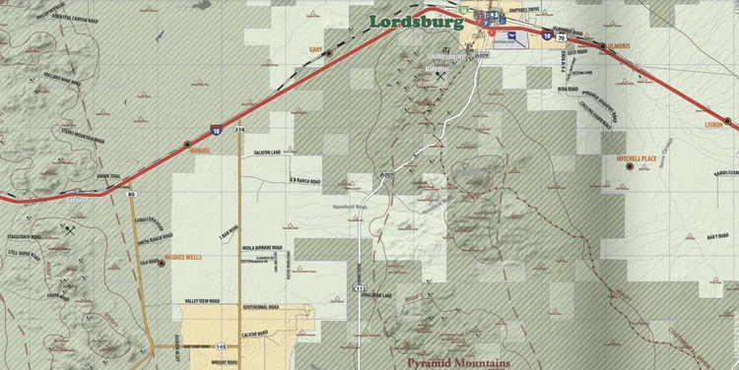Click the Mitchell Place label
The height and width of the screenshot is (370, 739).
(636, 156)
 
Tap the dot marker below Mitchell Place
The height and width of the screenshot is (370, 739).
(630, 165)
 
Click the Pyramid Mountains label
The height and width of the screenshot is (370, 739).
(460, 362)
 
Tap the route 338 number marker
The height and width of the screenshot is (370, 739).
(239, 129)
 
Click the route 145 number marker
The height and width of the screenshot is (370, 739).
(222, 346)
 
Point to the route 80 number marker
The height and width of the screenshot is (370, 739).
(131, 194)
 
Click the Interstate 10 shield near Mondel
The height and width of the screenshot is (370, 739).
(216, 128)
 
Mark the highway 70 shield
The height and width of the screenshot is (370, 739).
(561, 38)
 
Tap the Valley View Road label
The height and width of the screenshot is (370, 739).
(201, 301)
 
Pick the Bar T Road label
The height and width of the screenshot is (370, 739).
(690, 236)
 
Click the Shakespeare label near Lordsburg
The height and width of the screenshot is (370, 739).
(445, 56)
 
